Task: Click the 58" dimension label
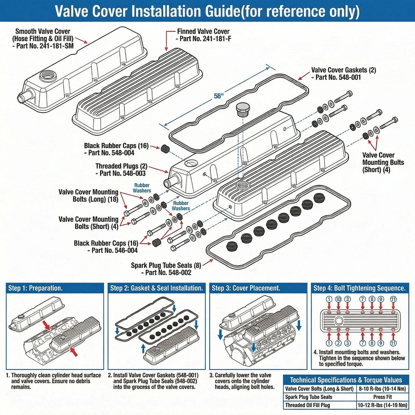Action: pyautogui.click(x=219, y=95)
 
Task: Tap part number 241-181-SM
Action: pyautogui.click(x=57, y=46)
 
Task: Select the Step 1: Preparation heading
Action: pyautogui.click(x=36, y=288)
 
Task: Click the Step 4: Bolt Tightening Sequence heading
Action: pyautogui.click(x=359, y=288)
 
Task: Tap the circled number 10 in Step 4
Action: pyautogui.click(x=338, y=299)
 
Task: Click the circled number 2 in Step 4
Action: pyautogui.click(x=338, y=343)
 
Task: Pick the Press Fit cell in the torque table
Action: pyautogui.click(x=382, y=397)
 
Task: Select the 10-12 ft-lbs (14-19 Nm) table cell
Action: pyautogui.click(x=382, y=405)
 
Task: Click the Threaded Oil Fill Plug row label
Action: pyautogui.click(x=307, y=405)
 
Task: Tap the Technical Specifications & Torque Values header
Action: pyautogui.click(x=346, y=380)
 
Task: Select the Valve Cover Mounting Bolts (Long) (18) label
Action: pyautogui.click(x=88, y=195)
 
